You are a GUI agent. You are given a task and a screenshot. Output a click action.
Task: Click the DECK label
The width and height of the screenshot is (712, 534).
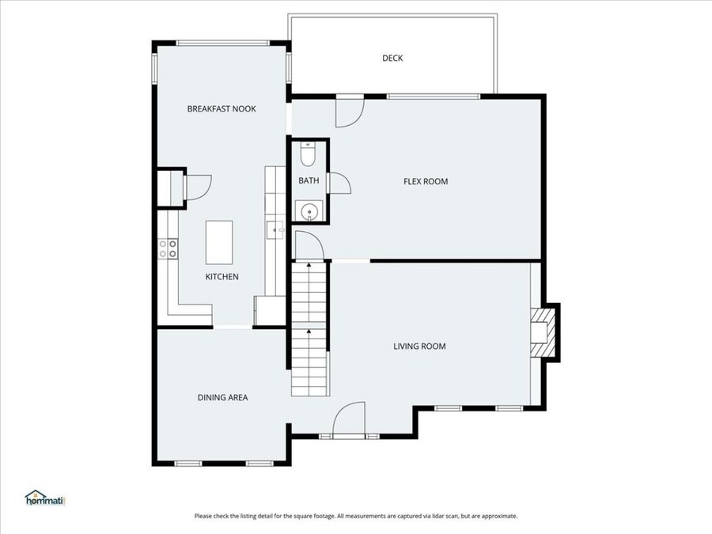point(392,58)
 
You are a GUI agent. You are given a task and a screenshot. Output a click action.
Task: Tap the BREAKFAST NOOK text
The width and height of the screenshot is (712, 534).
point(222,109)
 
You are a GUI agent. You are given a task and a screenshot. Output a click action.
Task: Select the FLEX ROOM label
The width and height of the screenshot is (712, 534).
point(426,182)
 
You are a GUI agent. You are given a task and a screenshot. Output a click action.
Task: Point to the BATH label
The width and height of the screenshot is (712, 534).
point(309,180)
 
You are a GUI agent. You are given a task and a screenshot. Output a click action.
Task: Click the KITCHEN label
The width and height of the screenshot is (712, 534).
point(222,277)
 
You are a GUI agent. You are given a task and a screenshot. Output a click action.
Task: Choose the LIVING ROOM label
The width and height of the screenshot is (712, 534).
point(419,347)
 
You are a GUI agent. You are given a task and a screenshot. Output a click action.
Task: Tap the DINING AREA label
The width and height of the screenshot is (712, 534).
point(222,398)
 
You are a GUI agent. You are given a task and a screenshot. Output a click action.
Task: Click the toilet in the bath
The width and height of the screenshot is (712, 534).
point(308,154)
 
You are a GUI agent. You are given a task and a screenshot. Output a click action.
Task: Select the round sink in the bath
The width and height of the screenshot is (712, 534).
point(309,211)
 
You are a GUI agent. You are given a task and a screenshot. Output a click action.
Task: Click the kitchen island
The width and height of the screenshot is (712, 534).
point(219,243)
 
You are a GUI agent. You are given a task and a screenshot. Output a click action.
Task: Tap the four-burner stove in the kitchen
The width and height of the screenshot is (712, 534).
point(168,249)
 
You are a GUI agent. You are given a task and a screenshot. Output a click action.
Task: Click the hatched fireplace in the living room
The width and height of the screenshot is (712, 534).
point(542,332)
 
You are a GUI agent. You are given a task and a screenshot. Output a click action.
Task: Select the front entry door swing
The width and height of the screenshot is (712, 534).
point(348,418)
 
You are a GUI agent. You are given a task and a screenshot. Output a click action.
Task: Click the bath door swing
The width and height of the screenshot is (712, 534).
point(340,184)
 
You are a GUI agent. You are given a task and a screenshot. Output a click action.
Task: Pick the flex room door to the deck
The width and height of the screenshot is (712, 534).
point(350,112)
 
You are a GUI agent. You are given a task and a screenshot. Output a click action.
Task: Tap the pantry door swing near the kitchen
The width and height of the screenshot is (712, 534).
point(199,187)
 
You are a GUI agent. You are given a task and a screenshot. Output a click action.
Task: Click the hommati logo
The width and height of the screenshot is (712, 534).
point(45,498)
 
